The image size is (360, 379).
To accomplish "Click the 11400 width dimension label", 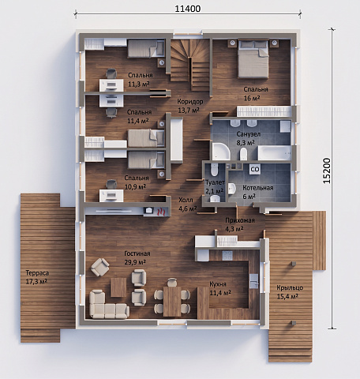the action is (x=188, y=9).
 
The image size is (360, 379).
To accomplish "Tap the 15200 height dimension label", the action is (x=326, y=171).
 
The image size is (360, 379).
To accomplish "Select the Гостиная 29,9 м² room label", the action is (x=137, y=257).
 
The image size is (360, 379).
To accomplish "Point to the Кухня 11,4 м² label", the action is (x=220, y=288).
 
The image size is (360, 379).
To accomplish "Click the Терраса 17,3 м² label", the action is (x=37, y=277).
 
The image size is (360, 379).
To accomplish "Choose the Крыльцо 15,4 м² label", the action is (x=290, y=292).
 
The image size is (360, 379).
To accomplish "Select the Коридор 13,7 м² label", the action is (x=190, y=106).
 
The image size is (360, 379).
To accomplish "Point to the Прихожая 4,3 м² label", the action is (x=240, y=224).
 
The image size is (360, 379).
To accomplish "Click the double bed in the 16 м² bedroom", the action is (x=253, y=58).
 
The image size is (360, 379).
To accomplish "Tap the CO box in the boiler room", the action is (x=255, y=169).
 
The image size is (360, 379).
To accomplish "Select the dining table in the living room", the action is (x=172, y=302).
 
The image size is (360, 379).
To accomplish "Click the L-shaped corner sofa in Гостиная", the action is (x=107, y=306).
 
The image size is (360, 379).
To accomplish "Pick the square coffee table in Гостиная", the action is (x=118, y=287).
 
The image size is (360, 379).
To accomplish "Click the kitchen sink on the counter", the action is (x=254, y=281).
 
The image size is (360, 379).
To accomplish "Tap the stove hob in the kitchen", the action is (x=227, y=255).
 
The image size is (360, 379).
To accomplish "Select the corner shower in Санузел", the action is (x=221, y=152).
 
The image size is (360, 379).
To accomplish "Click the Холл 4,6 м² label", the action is (x=187, y=205).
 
